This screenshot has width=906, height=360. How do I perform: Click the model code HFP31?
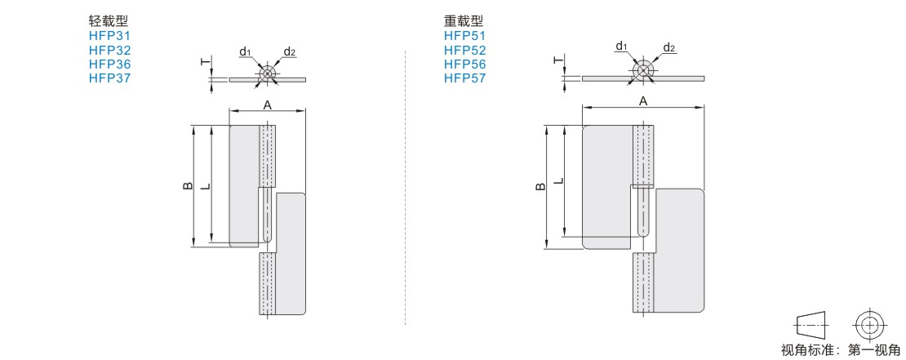[x=110, y=36]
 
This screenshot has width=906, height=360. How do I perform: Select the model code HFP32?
[x=110, y=51]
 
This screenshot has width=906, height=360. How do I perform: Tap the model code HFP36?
[x=110, y=64]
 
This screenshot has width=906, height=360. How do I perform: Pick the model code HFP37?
[x=110, y=78]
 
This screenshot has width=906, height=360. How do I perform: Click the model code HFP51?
[x=465, y=36]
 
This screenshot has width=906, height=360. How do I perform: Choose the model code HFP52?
[x=465, y=51]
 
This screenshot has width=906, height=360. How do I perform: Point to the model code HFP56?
[x=465, y=64]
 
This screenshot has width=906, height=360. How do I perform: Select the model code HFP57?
[x=465, y=78]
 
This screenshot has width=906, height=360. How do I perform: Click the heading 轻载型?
[x=108, y=21]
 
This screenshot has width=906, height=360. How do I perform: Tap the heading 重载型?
[x=464, y=21]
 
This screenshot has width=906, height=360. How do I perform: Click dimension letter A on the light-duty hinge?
[x=267, y=104]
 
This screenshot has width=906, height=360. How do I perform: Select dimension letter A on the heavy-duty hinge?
[x=643, y=101]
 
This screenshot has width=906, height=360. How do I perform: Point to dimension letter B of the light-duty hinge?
[x=188, y=186]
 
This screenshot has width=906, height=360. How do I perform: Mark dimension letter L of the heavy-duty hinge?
[x=558, y=181]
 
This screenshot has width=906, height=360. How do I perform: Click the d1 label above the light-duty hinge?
[x=245, y=52]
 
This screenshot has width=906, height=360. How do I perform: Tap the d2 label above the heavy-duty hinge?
[x=669, y=47]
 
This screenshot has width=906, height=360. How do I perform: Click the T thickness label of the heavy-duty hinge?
[x=557, y=60]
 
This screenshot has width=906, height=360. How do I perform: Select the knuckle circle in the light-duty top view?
[x=267, y=74]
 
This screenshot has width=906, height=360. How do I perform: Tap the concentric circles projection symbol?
[x=869, y=326]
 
